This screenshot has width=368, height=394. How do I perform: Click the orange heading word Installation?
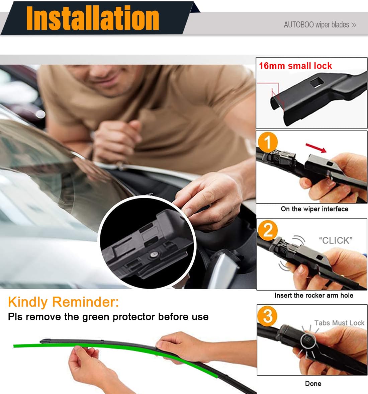[93, 18]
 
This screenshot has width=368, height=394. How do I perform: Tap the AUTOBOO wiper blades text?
[316, 25]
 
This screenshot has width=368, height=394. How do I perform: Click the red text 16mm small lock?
[295, 66]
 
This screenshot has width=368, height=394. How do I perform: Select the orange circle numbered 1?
[268, 142]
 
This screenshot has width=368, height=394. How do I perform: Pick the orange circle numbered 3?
[268, 316]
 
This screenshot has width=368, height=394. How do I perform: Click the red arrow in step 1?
[316, 148]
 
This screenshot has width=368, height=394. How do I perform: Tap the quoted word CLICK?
[336, 240]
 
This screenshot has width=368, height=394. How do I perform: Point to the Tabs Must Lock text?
[339, 323]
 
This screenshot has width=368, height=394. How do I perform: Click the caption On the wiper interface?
[314, 209]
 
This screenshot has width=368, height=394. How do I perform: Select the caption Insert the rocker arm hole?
[314, 295]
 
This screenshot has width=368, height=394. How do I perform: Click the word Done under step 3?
[313, 383]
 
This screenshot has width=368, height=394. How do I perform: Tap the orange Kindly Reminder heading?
[63, 302]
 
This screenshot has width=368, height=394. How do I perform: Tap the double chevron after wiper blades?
[354, 25]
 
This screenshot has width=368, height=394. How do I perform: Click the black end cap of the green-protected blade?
[45, 341]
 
